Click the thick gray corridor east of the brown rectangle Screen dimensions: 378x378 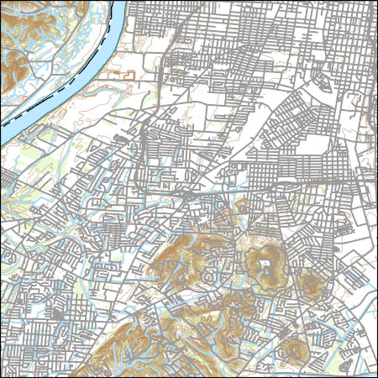tap(160, 76)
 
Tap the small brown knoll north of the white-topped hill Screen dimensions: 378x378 tap(244, 206)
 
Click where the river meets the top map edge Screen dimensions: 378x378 tap(118, 3)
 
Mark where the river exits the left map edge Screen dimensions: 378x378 tap(3, 134)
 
